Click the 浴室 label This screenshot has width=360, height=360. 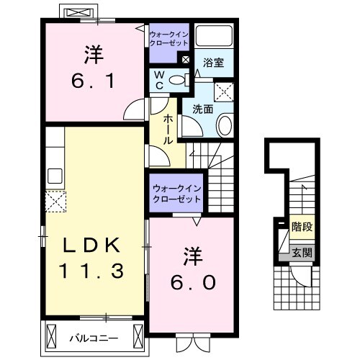(x=213, y=63)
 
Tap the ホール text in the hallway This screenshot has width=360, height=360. (x=168, y=130)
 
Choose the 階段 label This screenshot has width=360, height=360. (x=302, y=228)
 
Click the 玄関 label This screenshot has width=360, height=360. (x=302, y=252)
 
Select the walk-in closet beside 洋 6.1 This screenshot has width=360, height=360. (x=168, y=38)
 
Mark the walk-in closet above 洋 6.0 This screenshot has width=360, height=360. (x=176, y=194)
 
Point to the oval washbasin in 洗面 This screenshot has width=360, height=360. (x=224, y=127)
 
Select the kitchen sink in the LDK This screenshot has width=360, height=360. (x=55, y=176)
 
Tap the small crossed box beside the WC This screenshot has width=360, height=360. (x=186, y=60)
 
